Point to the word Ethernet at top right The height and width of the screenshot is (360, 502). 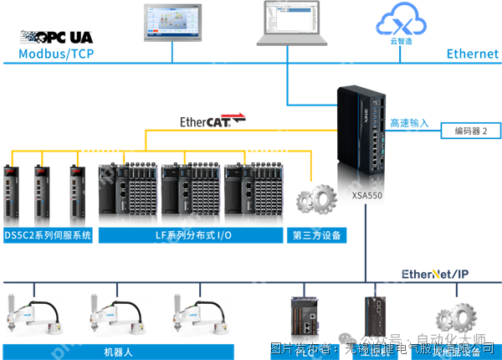(472, 54)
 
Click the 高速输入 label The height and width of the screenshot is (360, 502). (409, 123)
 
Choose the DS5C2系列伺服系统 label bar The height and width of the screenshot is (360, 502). (48, 235)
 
